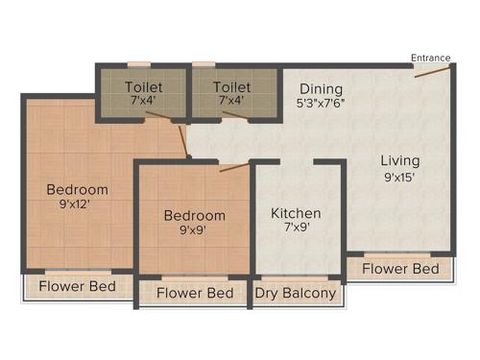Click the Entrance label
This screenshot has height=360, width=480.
pos(431,58)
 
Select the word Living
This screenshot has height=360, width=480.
pos(400,160)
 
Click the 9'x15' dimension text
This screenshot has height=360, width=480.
pos(400,178)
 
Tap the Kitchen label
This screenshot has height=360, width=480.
pos(296,213)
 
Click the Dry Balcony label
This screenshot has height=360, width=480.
pos(296,293)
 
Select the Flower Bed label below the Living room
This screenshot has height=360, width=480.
pos(400,268)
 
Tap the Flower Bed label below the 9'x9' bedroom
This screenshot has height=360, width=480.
pos(195,293)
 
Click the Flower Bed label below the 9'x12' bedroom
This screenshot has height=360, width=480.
pos(77,286)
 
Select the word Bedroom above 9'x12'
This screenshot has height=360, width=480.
pos(77,189)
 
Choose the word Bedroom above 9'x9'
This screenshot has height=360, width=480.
pos(194,215)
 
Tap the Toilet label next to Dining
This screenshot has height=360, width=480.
pos(232,86)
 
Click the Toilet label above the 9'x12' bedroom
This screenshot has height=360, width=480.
pos(144,86)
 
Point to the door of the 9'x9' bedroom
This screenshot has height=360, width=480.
pos(234,167)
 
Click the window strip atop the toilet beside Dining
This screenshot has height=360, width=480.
pos(204,64)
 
